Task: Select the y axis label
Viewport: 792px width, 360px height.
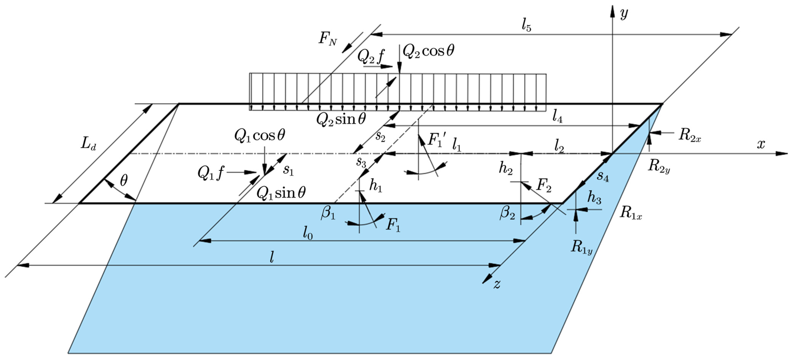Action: click(624, 14)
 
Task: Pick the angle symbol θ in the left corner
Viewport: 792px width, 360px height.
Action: click(124, 181)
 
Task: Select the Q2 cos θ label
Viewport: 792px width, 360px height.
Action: click(428, 51)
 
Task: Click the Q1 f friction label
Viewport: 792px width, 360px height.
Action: click(211, 173)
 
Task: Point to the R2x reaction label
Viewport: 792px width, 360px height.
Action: click(690, 135)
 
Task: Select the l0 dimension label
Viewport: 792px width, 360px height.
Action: click(308, 234)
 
